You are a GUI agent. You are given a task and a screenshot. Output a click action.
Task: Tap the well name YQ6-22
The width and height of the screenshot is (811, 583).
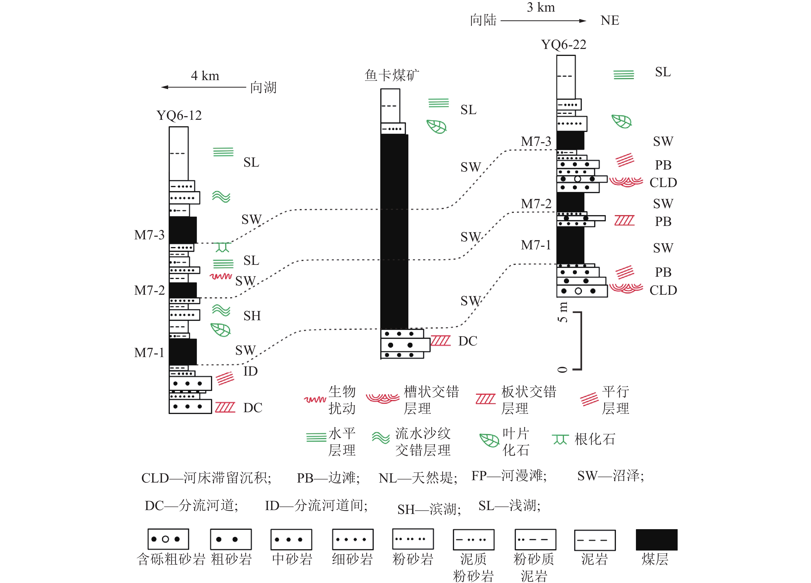point(564,45)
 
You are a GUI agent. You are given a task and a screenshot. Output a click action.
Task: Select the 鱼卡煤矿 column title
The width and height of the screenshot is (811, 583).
point(392,75)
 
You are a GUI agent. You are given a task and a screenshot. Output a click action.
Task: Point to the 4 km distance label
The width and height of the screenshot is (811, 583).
point(205,76)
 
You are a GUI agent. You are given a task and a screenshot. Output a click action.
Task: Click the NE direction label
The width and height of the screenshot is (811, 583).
point(610,20)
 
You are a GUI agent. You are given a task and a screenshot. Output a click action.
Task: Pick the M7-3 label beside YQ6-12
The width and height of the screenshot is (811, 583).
point(149,235)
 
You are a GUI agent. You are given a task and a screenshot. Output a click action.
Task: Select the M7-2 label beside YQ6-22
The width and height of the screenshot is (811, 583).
point(536,204)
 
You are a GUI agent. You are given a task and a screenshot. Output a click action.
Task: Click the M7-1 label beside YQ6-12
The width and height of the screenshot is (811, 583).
point(149,353)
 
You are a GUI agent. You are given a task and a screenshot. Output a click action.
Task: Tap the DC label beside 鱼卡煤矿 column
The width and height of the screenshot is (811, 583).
point(468,341)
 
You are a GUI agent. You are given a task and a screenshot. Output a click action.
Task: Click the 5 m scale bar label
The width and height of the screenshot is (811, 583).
point(563,312)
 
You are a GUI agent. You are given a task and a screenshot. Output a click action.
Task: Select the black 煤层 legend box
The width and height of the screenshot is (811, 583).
point(656,540)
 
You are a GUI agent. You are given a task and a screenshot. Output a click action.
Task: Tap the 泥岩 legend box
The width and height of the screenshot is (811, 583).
point(595,540)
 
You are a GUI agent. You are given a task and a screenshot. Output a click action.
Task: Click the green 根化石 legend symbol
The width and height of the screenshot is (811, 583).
point(560,439)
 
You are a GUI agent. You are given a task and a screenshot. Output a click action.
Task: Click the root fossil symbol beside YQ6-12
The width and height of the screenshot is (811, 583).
point(222,247)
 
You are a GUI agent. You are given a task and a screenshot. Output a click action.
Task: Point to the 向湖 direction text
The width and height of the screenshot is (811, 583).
point(263,88)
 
